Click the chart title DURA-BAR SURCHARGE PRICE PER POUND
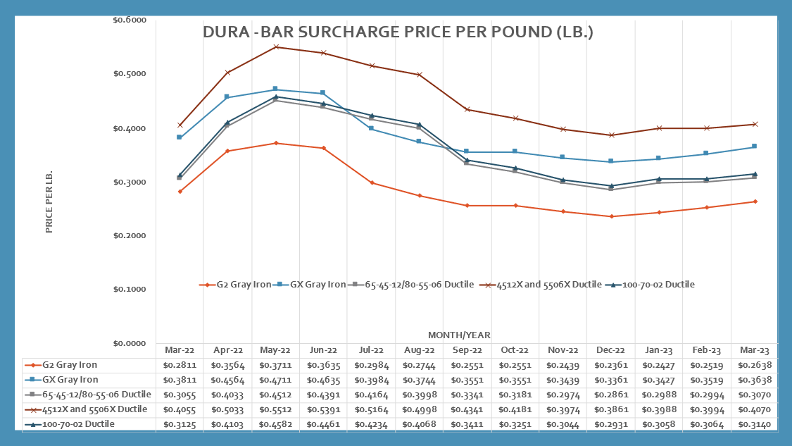(x=398, y=33)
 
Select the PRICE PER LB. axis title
(x=49, y=202)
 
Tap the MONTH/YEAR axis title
(x=459, y=335)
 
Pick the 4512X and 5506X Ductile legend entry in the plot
(x=546, y=285)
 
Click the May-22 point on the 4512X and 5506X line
(x=275, y=47)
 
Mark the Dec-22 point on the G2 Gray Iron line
(x=611, y=216)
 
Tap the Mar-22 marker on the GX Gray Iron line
(x=180, y=137)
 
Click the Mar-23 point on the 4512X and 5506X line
(x=755, y=124)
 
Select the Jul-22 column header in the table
(x=371, y=350)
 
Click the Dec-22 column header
(x=611, y=350)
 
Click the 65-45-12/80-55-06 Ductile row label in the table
(x=88, y=395)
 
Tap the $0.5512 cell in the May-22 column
(x=275, y=409)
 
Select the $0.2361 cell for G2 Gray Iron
(x=611, y=365)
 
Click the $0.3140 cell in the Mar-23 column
(x=755, y=424)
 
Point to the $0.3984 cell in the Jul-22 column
(x=371, y=380)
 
